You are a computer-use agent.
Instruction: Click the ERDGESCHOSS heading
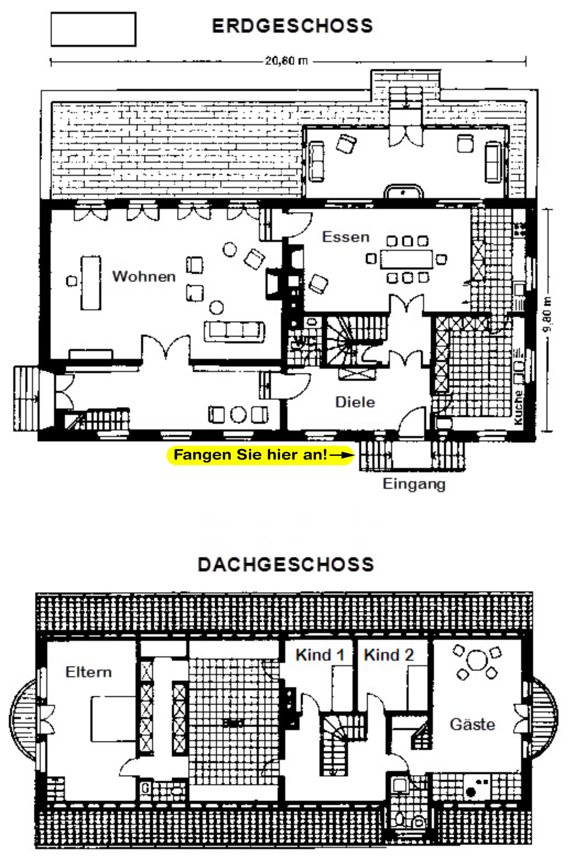pyautogui.click(x=292, y=26)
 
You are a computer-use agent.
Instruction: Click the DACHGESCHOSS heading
pyautogui.click(x=286, y=565)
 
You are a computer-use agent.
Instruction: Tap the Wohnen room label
pyautogui.click(x=144, y=276)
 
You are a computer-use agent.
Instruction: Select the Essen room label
pyautogui.click(x=345, y=237)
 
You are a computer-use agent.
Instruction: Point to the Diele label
pyautogui.click(x=355, y=402)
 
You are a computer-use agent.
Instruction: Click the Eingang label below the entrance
pyautogui.click(x=414, y=485)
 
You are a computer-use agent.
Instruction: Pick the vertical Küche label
pyautogui.click(x=518, y=408)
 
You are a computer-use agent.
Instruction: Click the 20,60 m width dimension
pyautogui.click(x=286, y=61)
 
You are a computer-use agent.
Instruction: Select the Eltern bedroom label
pyautogui.click(x=88, y=672)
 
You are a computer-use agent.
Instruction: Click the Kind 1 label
pyautogui.click(x=320, y=655)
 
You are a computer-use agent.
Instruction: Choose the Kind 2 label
pyautogui.click(x=389, y=655)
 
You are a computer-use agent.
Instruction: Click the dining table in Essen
pyautogui.click(x=406, y=259)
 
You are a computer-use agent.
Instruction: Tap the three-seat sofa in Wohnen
pyautogui.click(x=234, y=332)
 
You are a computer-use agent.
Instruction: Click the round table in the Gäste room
pyautogui.click(x=477, y=660)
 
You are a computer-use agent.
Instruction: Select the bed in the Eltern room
pyautogui.click(x=113, y=719)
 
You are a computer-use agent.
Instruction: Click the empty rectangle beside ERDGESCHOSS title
pyautogui.click(x=94, y=29)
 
